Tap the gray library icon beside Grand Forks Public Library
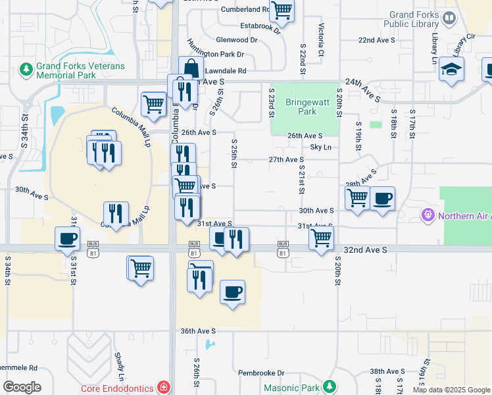tap(450, 18)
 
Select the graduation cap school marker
tap(451, 69)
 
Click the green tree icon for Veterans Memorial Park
tap(26, 68)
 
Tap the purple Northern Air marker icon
tap(428, 215)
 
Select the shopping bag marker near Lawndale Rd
tap(191, 68)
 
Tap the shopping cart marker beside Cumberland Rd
tap(282, 10)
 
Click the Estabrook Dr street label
tap(260, 26)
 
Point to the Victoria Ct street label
tap(321, 39)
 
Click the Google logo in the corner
tap(22, 387)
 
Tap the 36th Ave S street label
tap(198, 331)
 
